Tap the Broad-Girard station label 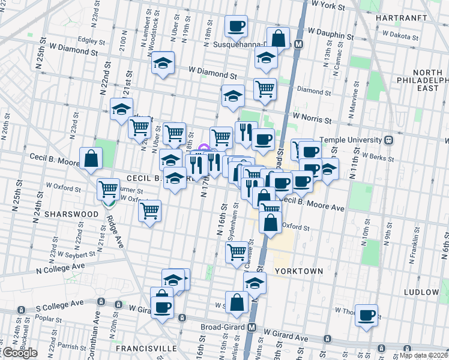(223, 328)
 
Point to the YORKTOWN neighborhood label (299, 271)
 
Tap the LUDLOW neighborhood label (422, 292)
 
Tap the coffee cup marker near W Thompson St (366, 314)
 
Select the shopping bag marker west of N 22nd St (91, 158)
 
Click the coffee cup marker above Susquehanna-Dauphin (236, 26)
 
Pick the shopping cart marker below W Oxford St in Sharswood (149, 211)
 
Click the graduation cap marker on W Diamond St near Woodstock (162, 62)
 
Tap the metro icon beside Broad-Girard (252, 328)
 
